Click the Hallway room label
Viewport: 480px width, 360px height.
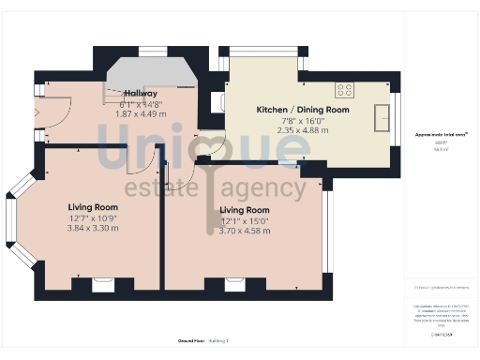tap(141, 93)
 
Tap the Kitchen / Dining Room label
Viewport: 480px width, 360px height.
tap(303, 110)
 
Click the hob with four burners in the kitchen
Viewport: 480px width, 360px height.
tap(345, 90)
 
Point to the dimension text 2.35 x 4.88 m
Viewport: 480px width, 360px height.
tap(303, 131)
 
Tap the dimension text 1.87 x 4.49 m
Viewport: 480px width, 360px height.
tap(141, 114)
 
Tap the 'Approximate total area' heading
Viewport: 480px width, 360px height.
tap(442, 135)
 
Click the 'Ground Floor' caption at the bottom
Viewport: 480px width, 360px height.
tap(191, 340)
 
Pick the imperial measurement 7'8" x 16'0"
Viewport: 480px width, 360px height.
tap(303, 121)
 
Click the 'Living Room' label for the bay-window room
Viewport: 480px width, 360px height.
tap(93, 207)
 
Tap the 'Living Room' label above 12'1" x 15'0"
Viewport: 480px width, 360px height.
tap(245, 210)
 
